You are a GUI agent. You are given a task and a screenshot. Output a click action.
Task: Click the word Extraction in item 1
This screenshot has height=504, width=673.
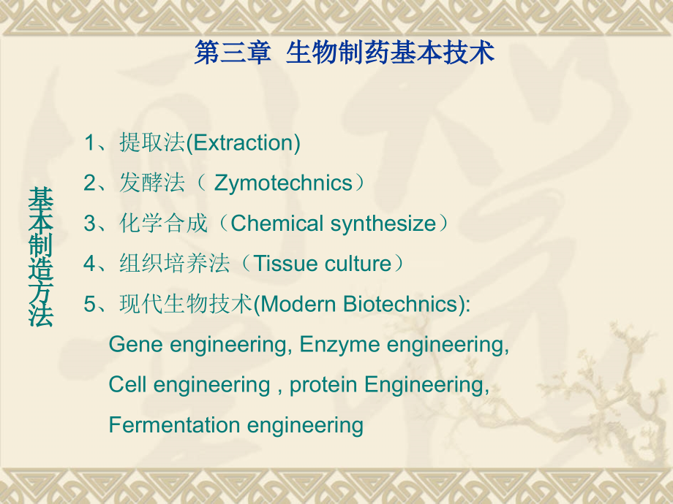point(243,143)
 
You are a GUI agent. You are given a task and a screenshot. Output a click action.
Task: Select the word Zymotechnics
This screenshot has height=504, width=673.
point(283,183)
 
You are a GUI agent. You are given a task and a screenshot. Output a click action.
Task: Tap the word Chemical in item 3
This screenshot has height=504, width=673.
point(277,224)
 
